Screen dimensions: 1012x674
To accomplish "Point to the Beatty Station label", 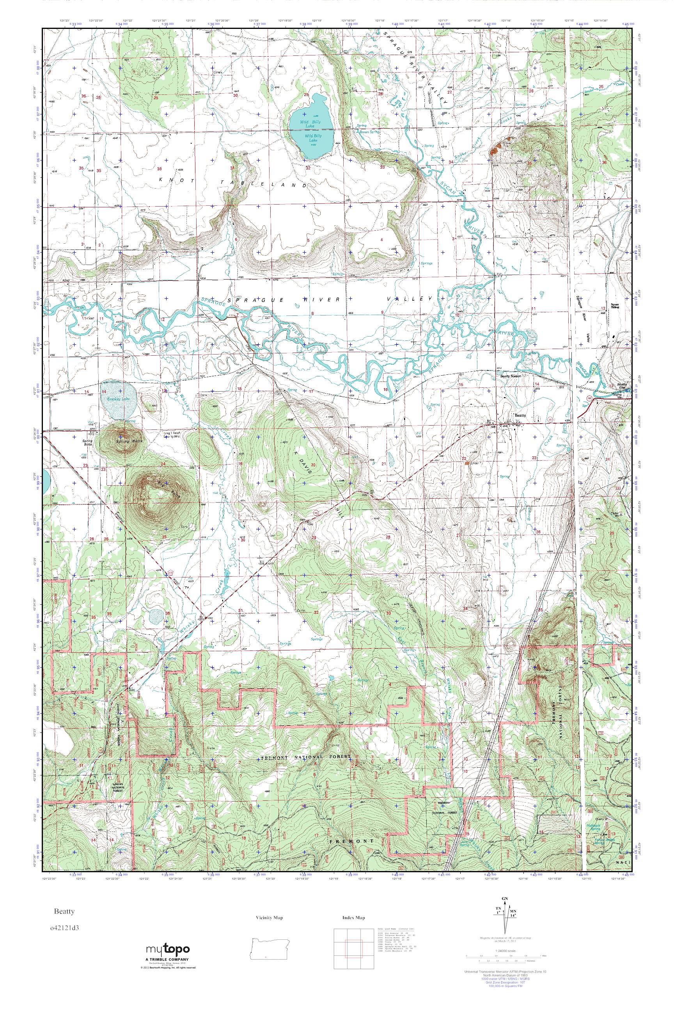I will [x=511, y=376].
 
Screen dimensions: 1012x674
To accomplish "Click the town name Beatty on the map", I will [x=520, y=416].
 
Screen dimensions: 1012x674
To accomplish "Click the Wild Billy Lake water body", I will [x=310, y=129].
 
